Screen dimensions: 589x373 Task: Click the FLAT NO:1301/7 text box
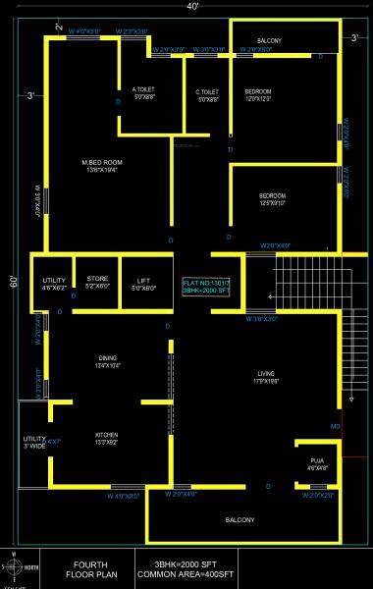click(x=205, y=287)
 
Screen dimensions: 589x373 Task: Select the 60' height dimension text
click(x=15, y=282)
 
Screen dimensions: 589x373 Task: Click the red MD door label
click(x=336, y=426)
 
